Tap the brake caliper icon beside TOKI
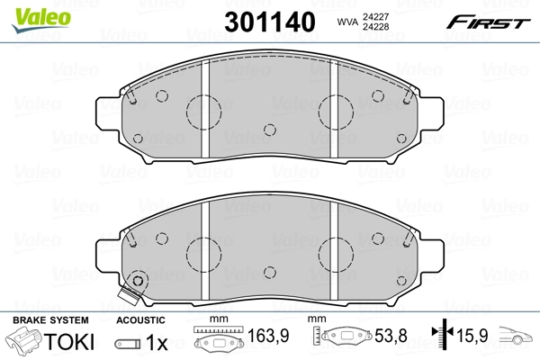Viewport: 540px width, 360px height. [x=25, y=342]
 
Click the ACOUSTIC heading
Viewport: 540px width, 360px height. [x=141, y=320]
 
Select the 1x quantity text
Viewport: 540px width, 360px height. [x=157, y=342]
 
